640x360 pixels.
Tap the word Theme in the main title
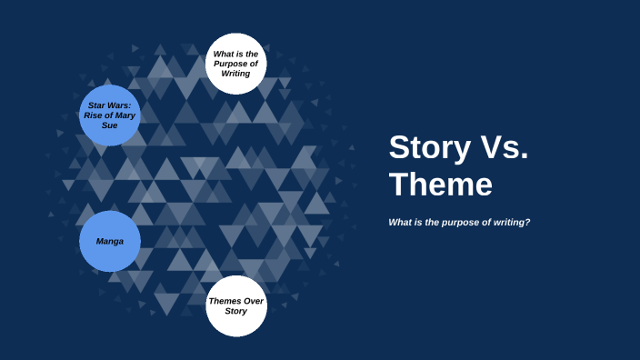[x=441, y=185]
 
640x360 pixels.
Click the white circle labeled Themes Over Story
[x=236, y=306]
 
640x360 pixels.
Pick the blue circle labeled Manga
[x=110, y=241]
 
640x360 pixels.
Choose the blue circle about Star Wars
[x=110, y=115]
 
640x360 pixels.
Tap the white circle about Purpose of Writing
[x=235, y=64]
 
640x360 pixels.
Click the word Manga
[x=110, y=241]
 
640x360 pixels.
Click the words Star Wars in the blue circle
[x=109, y=105]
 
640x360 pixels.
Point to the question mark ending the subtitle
[x=527, y=223]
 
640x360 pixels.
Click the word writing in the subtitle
[x=507, y=223]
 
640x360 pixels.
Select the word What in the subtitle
[x=400, y=223]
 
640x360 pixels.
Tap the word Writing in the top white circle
[x=235, y=74]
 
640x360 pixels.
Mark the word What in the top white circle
[x=223, y=54]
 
